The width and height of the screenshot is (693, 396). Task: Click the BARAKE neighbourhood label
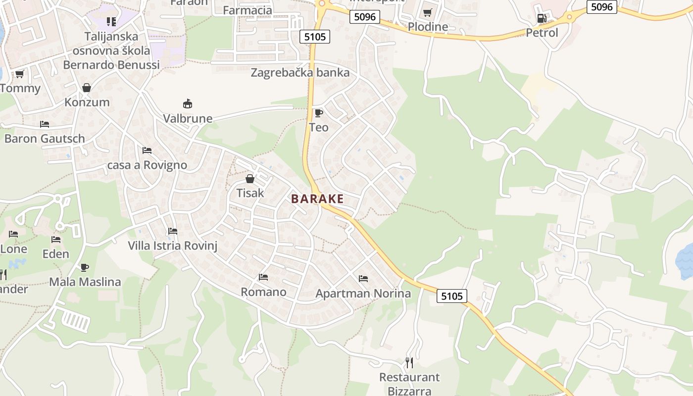[317, 199]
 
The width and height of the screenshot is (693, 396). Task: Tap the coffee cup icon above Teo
[319, 113]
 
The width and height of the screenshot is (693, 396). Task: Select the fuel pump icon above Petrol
[542, 19]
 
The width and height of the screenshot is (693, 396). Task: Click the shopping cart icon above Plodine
[428, 13]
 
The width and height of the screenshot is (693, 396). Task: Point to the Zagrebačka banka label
[300, 73]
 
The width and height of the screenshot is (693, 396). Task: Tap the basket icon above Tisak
[250, 179]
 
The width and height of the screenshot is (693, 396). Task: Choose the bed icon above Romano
[263, 277]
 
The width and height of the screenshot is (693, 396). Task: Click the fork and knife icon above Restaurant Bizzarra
[409, 363]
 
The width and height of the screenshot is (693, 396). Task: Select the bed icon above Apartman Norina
[363, 279]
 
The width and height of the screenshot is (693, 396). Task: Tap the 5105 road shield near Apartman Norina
[452, 296]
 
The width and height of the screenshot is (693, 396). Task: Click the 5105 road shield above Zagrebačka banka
[315, 36]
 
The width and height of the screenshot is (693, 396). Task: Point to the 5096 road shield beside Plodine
[365, 17]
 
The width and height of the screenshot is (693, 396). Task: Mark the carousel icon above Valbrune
[188, 104]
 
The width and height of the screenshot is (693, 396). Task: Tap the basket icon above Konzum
[87, 88]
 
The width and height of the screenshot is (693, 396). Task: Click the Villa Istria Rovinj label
[173, 246]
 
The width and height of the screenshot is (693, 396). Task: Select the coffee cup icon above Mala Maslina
[85, 268]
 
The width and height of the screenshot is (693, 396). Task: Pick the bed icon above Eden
[56, 240]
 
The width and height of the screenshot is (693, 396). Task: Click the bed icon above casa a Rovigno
[147, 150]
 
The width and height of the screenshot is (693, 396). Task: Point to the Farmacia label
[247, 10]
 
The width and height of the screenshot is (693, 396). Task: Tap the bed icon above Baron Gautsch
[45, 124]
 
